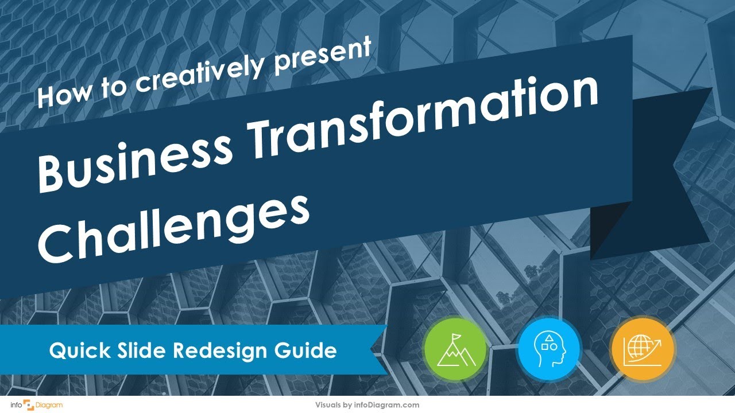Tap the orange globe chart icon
643,349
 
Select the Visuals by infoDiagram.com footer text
367,405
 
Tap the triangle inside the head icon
550,339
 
